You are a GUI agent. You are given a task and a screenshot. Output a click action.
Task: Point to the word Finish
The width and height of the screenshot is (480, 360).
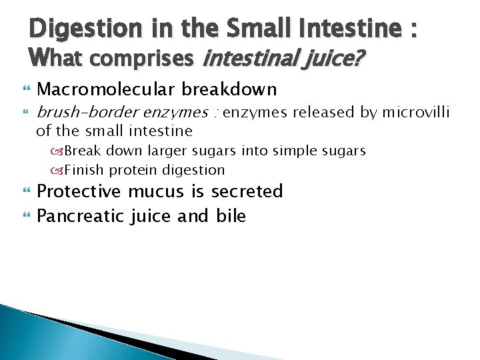pos(84,170)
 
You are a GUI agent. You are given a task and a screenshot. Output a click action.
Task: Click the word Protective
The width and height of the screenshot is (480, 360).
pos(79,192)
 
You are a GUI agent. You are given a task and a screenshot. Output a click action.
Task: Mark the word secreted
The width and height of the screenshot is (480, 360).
pos(247,192)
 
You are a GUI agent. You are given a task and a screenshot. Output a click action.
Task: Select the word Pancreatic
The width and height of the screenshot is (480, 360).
pos(79,216)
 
